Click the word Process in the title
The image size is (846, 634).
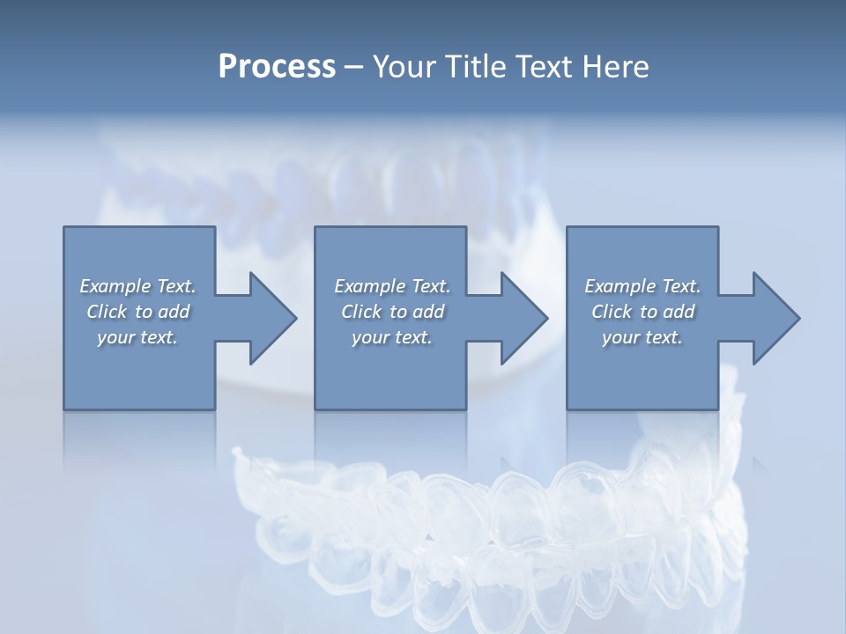[277, 66]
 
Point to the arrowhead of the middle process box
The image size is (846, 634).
[523, 318]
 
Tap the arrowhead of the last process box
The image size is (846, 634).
[775, 318]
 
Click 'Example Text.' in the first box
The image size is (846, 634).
[137, 286]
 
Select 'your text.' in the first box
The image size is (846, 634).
[137, 337]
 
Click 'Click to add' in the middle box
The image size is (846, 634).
[392, 312]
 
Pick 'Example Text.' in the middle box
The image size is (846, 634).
[392, 286]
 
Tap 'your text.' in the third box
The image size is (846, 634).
[642, 337]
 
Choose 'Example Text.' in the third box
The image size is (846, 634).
[642, 286]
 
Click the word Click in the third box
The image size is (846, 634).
[612, 312]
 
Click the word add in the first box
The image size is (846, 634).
[174, 312]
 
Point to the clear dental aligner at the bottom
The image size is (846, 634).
[493, 528]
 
